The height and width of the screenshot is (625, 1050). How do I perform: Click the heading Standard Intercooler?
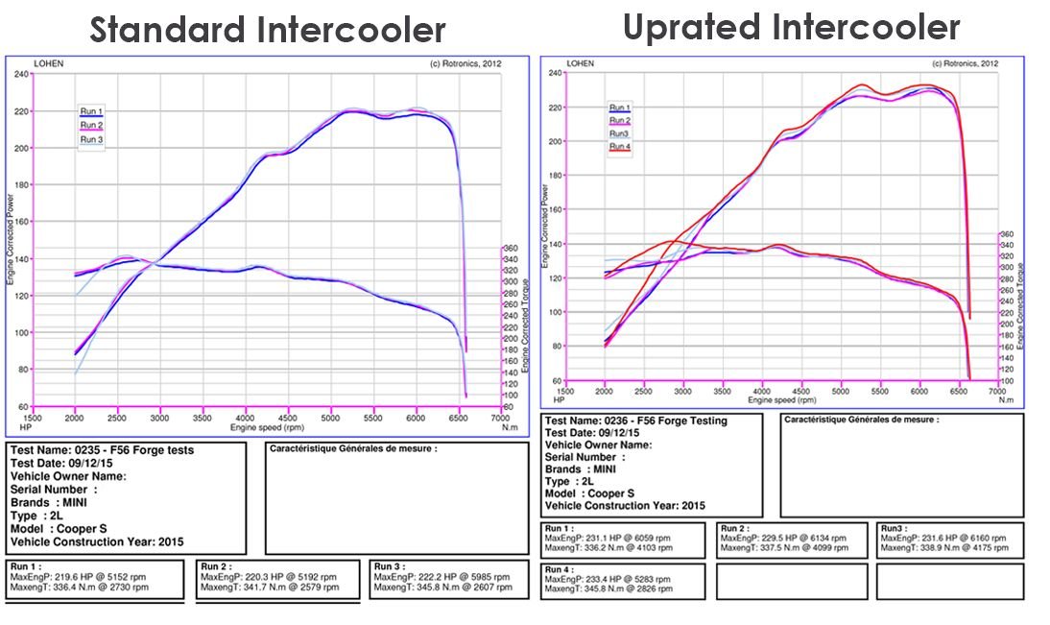coord(268,30)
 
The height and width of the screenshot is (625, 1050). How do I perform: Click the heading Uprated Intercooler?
coord(791,27)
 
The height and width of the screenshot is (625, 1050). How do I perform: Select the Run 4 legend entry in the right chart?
coord(620,147)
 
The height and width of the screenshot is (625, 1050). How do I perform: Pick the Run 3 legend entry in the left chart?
coord(92,139)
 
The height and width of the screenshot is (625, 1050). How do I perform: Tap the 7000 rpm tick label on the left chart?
coord(500,419)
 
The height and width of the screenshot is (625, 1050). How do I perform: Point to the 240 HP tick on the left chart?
coord(23,74)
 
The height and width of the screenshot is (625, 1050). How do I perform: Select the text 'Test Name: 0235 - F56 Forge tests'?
coord(102,450)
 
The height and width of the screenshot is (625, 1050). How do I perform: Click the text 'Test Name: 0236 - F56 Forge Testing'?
coord(635,421)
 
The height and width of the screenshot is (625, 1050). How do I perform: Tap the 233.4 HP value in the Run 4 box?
coord(609,579)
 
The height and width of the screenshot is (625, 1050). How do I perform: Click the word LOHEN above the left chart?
coord(48,63)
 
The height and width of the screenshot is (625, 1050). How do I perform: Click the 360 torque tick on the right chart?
coord(1007,233)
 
